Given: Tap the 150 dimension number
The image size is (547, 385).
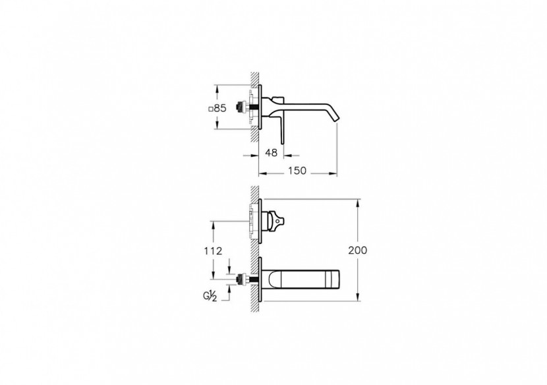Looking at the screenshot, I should click(298, 171).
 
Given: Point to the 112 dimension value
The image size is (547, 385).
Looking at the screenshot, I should click(213, 251).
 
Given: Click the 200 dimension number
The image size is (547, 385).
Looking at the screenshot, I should click(358, 250).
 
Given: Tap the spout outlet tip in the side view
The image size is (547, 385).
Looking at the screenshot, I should click(337, 118).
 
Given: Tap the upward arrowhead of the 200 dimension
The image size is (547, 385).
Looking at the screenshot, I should click(358, 201).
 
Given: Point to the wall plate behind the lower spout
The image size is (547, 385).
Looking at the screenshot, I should click(262, 282).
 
